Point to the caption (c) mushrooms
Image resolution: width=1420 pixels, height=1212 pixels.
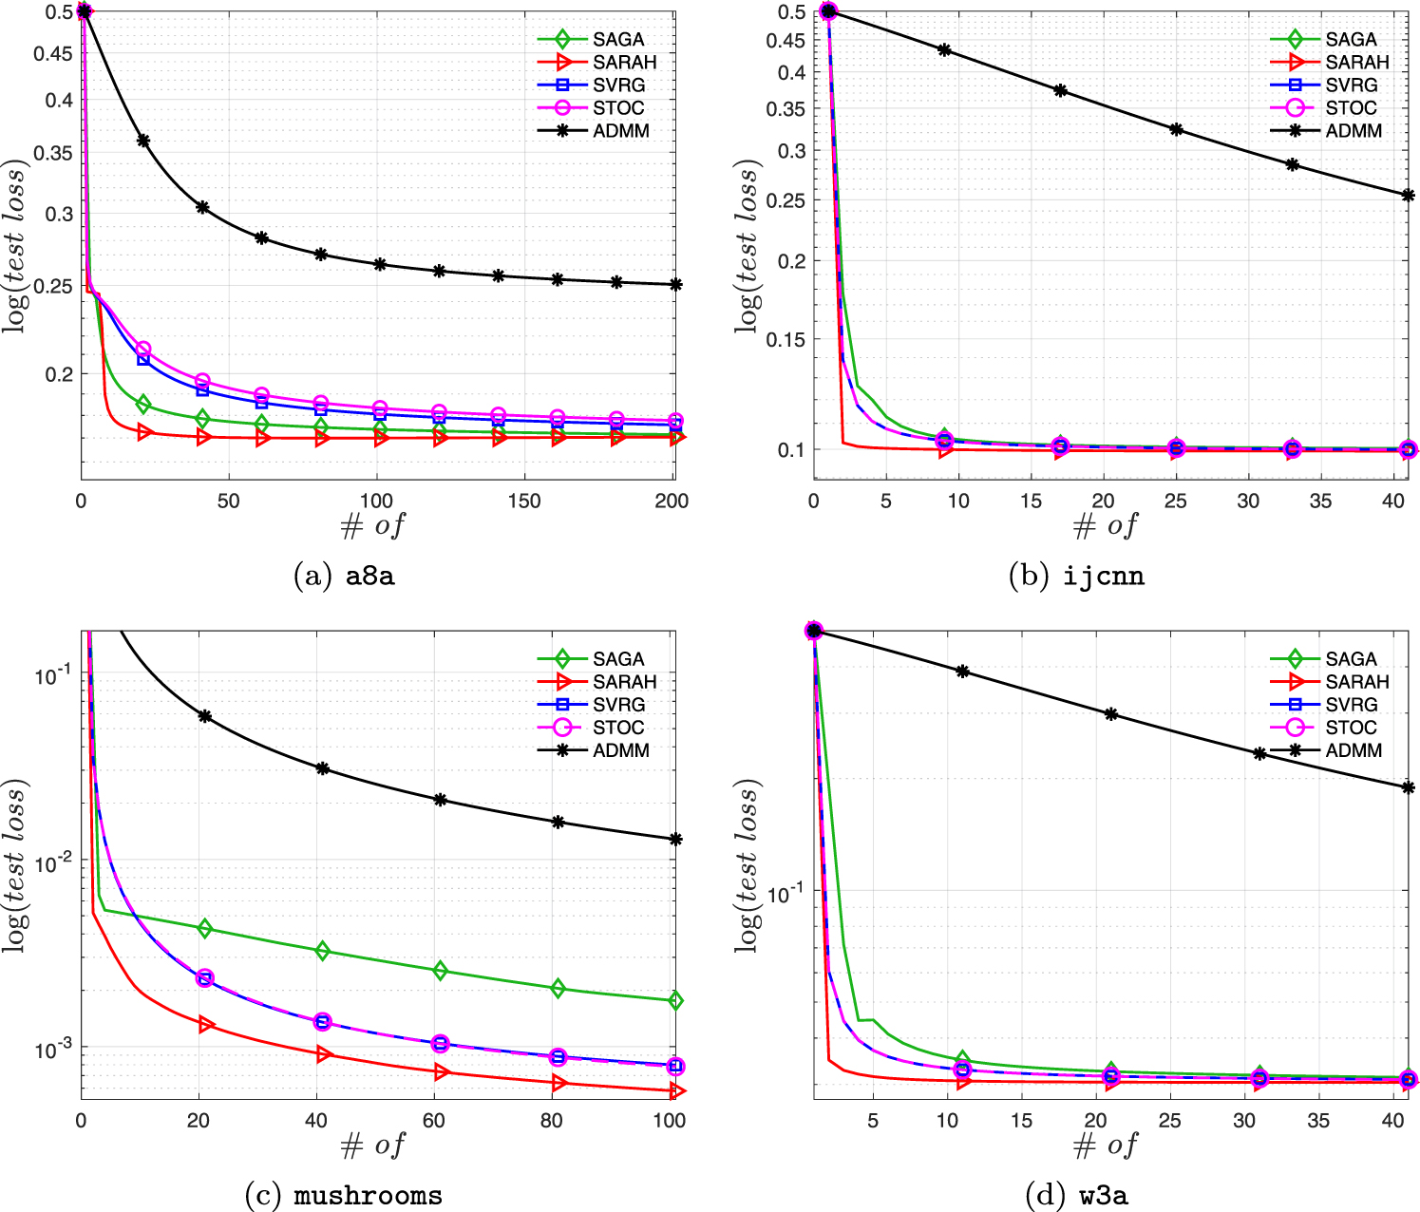(x=344, y=1195)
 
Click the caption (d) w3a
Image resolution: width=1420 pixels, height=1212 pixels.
(x=1077, y=1195)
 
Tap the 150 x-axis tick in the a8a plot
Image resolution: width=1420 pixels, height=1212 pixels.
(x=524, y=502)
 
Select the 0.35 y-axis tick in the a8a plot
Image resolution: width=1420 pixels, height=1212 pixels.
(x=53, y=152)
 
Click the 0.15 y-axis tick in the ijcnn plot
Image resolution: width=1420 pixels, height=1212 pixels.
(x=786, y=339)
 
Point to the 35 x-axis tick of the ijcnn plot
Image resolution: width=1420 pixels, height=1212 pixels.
(x=1320, y=502)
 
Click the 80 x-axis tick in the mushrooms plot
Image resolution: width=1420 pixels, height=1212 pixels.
(x=552, y=1121)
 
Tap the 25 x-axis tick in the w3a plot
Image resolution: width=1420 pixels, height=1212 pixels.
(x=1170, y=1121)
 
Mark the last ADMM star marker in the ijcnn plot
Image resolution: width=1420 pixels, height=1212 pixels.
(x=1408, y=196)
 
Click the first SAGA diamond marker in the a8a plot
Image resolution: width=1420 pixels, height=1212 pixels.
(x=143, y=405)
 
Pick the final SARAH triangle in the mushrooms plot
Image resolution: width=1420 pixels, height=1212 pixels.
(x=675, y=1091)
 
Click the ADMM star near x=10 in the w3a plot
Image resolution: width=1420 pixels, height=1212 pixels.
(x=962, y=671)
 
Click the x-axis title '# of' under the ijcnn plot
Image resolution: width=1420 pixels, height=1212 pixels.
(x=1105, y=525)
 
